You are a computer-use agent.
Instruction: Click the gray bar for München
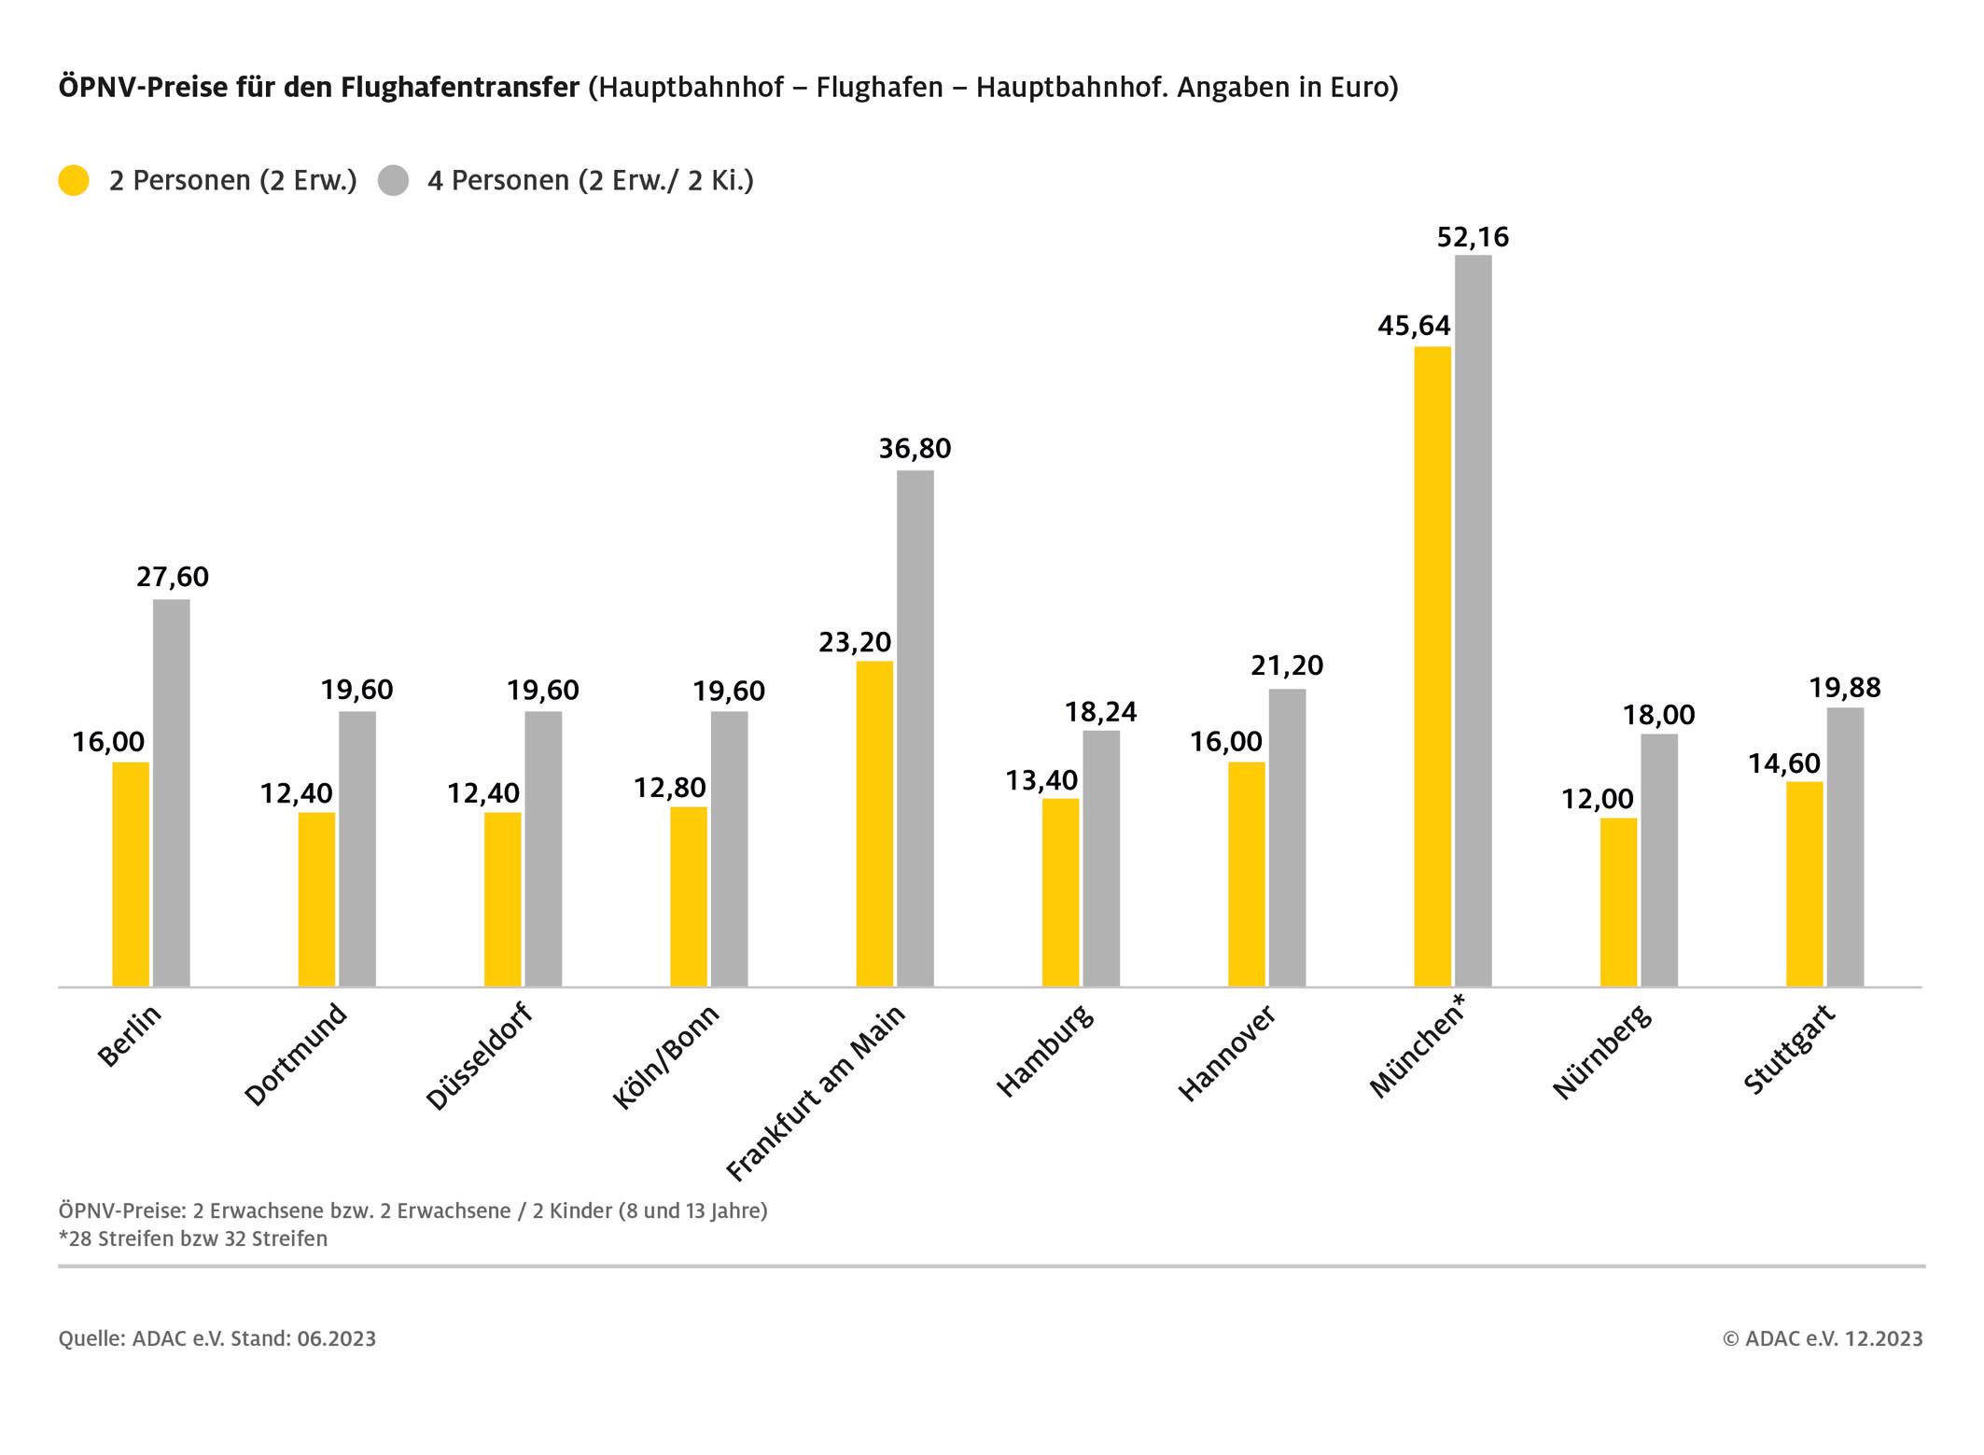click(1473, 621)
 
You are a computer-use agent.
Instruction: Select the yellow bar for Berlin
click(131, 874)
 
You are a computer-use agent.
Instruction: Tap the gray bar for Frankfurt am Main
click(915, 728)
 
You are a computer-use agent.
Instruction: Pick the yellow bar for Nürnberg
click(1618, 902)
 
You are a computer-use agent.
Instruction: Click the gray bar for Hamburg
click(1101, 859)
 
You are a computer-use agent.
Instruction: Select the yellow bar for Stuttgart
click(1804, 884)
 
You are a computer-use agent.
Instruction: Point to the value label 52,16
click(1473, 237)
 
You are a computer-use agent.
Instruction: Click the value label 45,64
click(1414, 326)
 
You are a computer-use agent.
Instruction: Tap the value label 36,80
click(915, 449)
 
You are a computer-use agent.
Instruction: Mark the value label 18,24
click(1101, 712)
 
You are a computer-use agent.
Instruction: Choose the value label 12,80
click(670, 788)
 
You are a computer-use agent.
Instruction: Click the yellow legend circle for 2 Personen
click(74, 180)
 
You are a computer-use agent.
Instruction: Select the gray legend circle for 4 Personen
click(394, 180)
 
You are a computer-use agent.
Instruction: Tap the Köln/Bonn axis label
click(666, 1056)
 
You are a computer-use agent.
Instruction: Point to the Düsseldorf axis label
click(479, 1056)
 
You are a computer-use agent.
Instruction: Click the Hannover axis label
click(1226, 1053)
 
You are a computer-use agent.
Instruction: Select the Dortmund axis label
click(296, 1055)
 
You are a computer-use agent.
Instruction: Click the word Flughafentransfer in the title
click(460, 87)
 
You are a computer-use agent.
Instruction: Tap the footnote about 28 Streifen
click(193, 1238)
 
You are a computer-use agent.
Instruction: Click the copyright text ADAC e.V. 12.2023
click(1823, 1338)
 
